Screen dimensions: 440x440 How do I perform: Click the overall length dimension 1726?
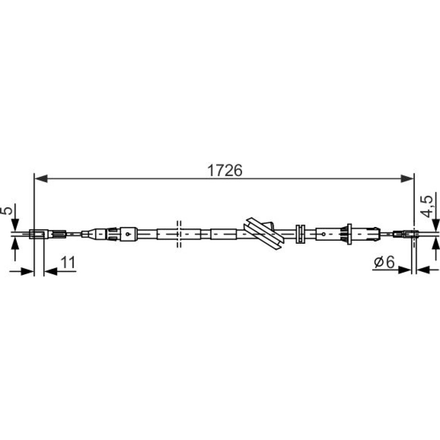[x=224, y=170]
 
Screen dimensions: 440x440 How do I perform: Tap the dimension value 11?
[x=68, y=263]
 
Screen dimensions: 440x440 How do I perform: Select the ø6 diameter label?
[x=385, y=262]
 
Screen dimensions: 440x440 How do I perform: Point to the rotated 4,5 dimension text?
[x=427, y=206]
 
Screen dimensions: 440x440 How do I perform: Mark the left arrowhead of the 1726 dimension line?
[x=41, y=179]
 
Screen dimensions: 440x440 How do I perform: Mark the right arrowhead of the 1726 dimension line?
[x=407, y=179]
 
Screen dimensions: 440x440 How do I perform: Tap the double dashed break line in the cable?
[x=179, y=234]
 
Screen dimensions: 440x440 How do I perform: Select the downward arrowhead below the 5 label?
[x=15, y=225]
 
